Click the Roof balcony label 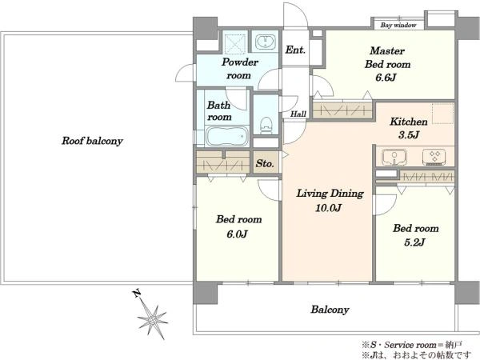coord(92,141)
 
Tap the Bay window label coord(398,25)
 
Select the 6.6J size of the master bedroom coord(386,78)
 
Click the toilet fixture coord(266,126)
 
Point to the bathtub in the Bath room coord(226,136)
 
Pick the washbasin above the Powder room coord(265,42)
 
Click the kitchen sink coord(394,158)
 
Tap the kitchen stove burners coord(434,157)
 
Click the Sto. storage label coord(265,163)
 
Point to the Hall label coord(298,114)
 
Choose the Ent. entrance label coord(295,50)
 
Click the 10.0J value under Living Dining coord(328,208)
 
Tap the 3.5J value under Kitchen coord(409,134)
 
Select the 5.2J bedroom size coord(414,242)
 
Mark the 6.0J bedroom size coord(237,234)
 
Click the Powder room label coord(240,69)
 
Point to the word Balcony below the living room coord(330,310)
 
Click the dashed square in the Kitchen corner coord(442,114)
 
